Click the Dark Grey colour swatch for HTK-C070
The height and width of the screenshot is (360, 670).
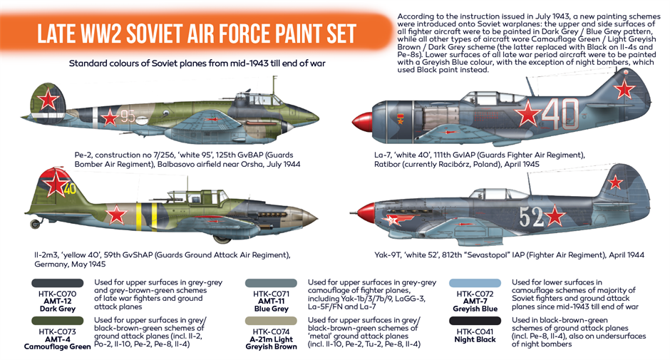click(x=57, y=283)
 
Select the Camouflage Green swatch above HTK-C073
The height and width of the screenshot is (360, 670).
click(x=57, y=321)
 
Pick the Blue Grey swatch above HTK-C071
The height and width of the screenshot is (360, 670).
click(x=271, y=283)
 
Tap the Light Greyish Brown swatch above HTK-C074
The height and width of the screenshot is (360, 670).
click(x=271, y=321)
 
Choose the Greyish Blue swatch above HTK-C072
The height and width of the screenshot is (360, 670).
click(x=475, y=283)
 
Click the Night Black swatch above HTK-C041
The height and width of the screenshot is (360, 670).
click(x=475, y=321)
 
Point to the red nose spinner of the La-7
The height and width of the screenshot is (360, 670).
click(x=362, y=121)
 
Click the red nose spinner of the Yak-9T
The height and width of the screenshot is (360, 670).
click(x=366, y=212)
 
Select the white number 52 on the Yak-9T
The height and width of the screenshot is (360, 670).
click(x=531, y=217)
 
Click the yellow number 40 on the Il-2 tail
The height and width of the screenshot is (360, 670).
click(x=70, y=188)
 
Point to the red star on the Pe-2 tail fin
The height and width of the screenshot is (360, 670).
click(x=48, y=100)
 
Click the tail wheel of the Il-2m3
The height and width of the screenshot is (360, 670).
click(x=35, y=223)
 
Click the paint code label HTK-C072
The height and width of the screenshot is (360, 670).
click(x=475, y=294)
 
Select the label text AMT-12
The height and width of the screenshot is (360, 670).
click(x=57, y=301)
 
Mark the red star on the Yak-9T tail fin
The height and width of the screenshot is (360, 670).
click(x=615, y=182)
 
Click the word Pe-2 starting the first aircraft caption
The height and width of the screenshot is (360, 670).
click(x=83, y=155)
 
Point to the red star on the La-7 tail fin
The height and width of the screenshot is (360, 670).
click(x=624, y=89)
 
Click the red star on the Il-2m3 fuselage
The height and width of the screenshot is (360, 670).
click(x=116, y=215)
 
